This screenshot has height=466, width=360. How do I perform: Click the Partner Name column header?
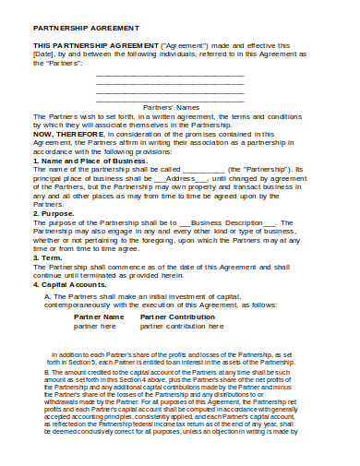pyautogui.click(x=98, y=317)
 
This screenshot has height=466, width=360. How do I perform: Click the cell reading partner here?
pyautogui.click(x=95, y=326)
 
